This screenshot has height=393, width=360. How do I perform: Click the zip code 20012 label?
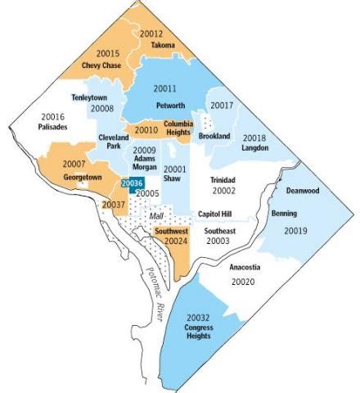151,34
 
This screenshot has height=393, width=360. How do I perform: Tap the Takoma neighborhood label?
163,46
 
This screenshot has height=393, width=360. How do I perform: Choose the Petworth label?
170,105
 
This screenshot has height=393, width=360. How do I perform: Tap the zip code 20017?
222,105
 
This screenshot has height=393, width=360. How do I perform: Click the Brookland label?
215,136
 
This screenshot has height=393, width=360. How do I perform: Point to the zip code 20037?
114,204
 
